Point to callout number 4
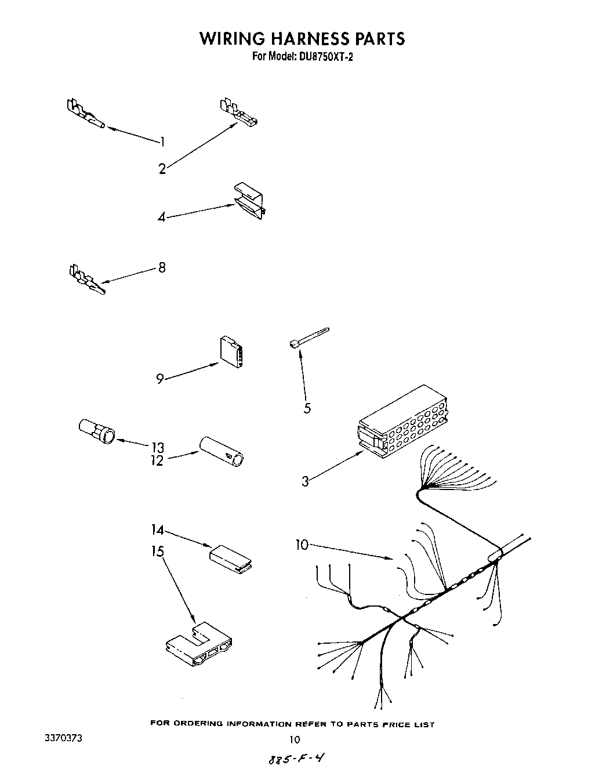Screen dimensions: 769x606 point(162,217)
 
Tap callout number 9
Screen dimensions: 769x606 point(159,379)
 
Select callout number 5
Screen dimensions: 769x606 point(307,408)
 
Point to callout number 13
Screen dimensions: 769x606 point(157,447)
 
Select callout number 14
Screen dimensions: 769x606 point(157,529)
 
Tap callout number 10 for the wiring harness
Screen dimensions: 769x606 point(302,545)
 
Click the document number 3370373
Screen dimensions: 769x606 point(63,739)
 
